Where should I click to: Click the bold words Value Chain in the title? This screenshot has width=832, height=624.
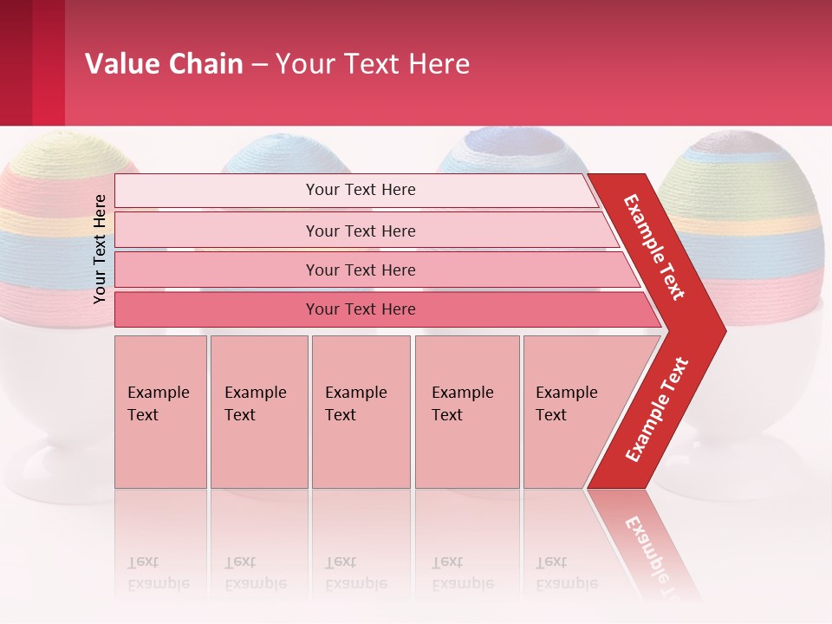pyautogui.click(x=164, y=64)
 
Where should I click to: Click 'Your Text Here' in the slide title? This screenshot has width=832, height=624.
pyautogui.click(x=373, y=64)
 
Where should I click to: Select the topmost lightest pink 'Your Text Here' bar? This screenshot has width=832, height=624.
pyautogui.click(x=360, y=190)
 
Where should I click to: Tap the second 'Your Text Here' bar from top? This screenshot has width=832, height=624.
pyautogui.click(x=360, y=231)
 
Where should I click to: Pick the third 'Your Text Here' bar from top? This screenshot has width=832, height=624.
pyautogui.click(x=360, y=270)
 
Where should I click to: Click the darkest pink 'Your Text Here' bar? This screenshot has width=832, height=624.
pyautogui.click(x=360, y=309)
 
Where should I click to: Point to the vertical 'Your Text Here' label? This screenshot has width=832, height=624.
pyautogui.click(x=100, y=249)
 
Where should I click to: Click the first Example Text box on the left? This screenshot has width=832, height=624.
pyautogui.click(x=160, y=412)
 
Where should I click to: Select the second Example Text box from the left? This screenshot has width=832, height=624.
pyautogui.click(x=258, y=412)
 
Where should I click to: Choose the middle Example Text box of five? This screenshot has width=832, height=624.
pyautogui.click(x=361, y=412)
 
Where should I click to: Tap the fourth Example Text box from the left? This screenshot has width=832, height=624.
pyautogui.click(x=466, y=412)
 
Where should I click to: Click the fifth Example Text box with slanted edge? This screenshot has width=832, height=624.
pyautogui.click(x=572, y=412)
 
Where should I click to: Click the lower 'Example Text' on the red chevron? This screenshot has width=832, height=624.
pyautogui.click(x=657, y=410)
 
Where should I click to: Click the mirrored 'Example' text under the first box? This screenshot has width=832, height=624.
pyautogui.click(x=159, y=583)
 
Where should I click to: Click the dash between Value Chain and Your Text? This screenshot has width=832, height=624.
pyautogui.click(x=259, y=65)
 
